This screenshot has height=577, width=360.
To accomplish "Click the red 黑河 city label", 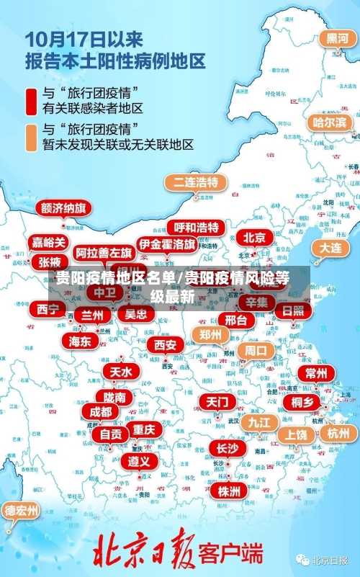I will pyautogui.click(x=337, y=39).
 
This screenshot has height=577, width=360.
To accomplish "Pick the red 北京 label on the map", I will pyautogui.click(x=254, y=238).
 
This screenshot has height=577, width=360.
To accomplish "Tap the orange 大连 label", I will pyautogui.click(x=331, y=247).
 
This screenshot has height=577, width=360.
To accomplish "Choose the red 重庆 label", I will pyautogui.click(x=143, y=429).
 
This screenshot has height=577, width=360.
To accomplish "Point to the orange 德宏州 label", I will pyautogui.click(x=22, y=511).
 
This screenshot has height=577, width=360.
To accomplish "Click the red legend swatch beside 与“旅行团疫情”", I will pyautogui.click(x=32, y=101).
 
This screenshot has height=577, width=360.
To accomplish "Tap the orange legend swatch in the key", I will pyautogui.click(x=32, y=137).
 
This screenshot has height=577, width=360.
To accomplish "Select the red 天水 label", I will pyautogui.click(x=121, y=372).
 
